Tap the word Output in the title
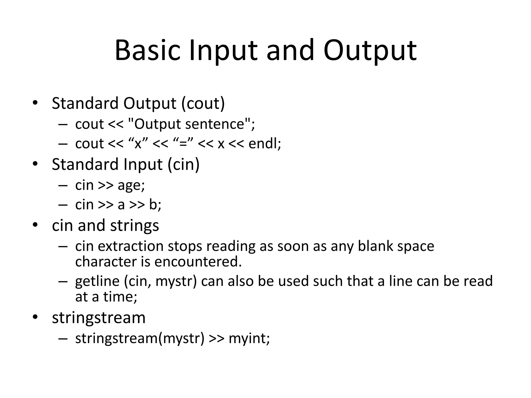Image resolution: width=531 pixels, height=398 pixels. click(370, 51)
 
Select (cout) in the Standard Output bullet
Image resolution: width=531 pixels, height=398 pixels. click(203, 103)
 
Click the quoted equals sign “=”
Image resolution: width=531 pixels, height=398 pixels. click(183, 144)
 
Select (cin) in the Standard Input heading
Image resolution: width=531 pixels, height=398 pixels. click(184, 165)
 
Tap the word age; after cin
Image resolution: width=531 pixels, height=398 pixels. click(131, 186)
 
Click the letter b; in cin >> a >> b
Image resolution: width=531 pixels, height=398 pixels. click(155, 205)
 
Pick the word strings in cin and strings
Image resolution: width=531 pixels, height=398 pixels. click(134, 226)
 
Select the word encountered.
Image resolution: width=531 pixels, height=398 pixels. click(198, 262)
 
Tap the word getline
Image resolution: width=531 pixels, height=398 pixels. click(97, 281)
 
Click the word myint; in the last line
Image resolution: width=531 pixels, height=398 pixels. click(249, 338)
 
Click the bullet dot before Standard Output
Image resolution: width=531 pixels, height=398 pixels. click(35, 103)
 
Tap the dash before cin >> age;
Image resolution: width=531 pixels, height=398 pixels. click(63, 186)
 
